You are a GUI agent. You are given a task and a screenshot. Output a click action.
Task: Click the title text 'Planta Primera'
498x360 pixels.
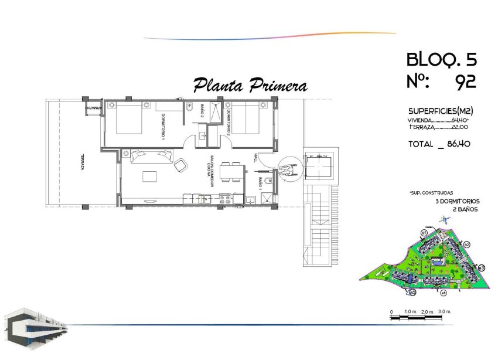(x=250, y=86)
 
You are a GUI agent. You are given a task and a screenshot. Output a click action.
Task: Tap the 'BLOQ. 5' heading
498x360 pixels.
(x=441, y=59)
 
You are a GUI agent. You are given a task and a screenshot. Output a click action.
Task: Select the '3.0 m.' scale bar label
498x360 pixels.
(x=445, y=310)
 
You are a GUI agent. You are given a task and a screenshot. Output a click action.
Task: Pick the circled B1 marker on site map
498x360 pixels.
(x=423, y=233)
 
